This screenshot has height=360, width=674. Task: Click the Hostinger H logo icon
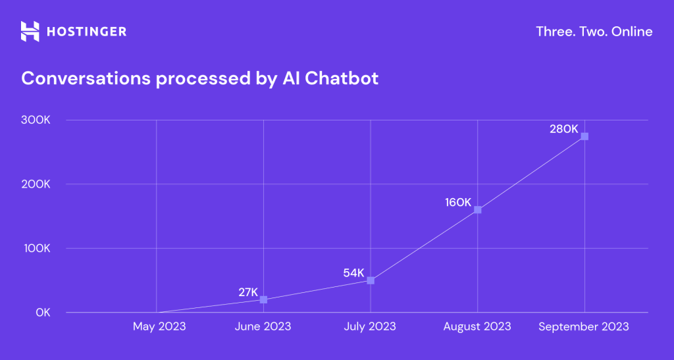coord(30,31)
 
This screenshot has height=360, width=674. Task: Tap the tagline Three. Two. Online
coord(594,31)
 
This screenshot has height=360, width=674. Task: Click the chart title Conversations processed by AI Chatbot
coord(200,78)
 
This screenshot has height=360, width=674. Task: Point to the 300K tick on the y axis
coord(36,120)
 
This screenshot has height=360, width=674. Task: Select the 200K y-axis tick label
coord(36,184)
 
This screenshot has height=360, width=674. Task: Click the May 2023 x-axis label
coord(159,326)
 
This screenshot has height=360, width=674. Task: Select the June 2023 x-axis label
coord(263,326)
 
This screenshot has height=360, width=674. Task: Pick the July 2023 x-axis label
coord(370,326)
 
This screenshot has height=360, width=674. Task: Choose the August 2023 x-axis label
coord(477,326)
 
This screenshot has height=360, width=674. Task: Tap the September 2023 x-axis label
coord(584,326)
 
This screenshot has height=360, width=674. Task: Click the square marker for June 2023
coord(263,299)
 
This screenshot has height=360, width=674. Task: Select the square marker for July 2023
coord(371,280)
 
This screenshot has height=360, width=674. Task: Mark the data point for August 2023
coord(478,210)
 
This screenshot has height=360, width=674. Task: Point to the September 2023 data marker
coord(584,136)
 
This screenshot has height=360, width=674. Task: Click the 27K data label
coord(248,292)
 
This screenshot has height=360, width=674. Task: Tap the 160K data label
coord(458,203)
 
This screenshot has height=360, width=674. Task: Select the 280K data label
coord(564,129)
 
